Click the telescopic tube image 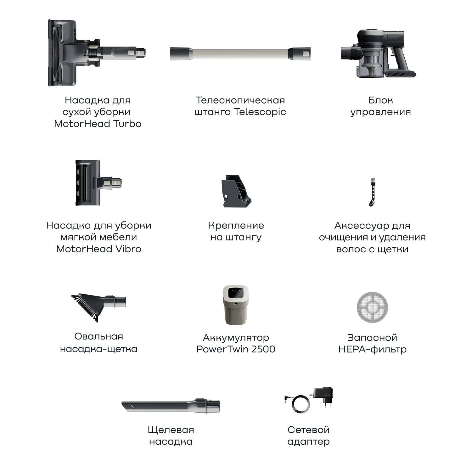pyautogui.click(x=240, y=53)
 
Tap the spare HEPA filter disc pyautogui.click(x=372, y=307)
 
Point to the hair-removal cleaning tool pyautogui.click(x=372, y=192)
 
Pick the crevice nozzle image pyautogui.click(x=171, y=406)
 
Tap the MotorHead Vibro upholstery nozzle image pyautogui.click(x=98, y=183)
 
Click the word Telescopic pyautogui.click(x=260, y=112)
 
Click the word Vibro pyautogui.click(x=128, y=249)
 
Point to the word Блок pyautogui.click(x=380, y=100)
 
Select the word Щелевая pyautogui.click(x=171, y=430)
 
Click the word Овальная pyautogui.click(x=98, y=336)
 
